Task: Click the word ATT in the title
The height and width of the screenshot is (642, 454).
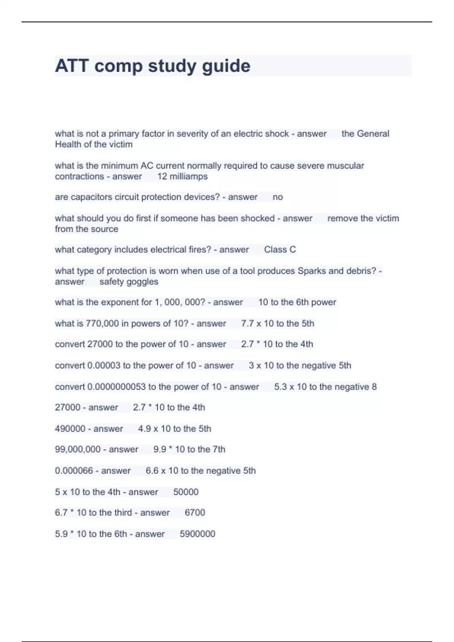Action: click(x=72, y=66)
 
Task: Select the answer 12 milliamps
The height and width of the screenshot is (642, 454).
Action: click(x=182, y=176)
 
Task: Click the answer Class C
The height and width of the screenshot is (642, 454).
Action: click(x=280, y=250)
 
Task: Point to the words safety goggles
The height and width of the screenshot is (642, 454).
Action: click(x=129, y=282)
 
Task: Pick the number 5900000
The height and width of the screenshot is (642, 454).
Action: click(x=197, y=534)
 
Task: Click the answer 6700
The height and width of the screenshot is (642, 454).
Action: click(x=195, y=512)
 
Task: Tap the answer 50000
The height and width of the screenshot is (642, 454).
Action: click(x=186, y=492)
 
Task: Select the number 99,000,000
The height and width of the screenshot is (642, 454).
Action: click(x=79, y=449)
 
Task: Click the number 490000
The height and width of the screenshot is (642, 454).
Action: click(x=70, y=429)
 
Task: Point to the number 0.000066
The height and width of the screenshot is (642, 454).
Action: click(x=74, y=471)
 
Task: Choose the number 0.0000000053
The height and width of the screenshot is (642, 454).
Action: click(x=117, y=387)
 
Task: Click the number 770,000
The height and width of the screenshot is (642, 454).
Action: click(x=103, y=324)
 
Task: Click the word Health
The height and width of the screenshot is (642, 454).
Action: click(x=68, y=145)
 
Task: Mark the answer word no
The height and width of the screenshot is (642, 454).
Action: click(x=278, y=197)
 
